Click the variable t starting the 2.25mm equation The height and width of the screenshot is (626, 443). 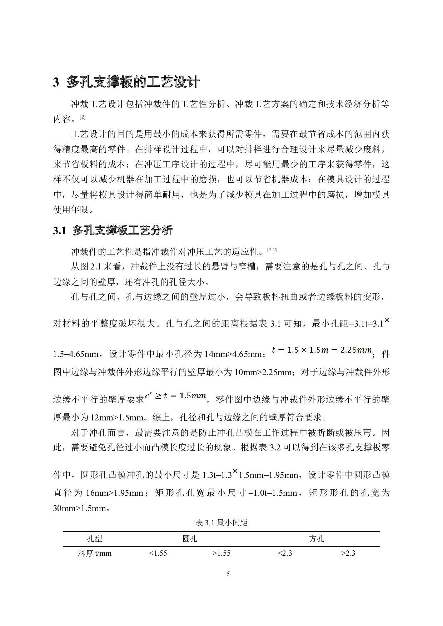pos(274,350)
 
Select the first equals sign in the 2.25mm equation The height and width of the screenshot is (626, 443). pos(281,350)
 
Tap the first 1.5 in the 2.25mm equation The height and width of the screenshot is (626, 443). pos(293,350)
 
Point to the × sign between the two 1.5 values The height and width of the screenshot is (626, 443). pos(304,350)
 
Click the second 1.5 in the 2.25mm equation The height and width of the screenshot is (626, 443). pos(315,350)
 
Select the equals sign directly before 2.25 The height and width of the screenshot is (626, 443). pos(334,350)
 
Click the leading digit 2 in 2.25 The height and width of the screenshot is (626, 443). pos(342,350)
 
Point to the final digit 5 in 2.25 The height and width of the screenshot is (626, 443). pos(354,350)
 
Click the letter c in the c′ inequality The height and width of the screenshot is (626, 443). pos(147,396)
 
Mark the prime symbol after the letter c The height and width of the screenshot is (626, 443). pos(150,394)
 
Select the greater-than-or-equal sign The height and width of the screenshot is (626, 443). pos(158,396)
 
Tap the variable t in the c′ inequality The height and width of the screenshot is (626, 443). pos(165,396)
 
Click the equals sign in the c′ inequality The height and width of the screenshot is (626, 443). pos(173,396)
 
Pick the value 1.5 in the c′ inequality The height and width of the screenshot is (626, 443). pos(185,395)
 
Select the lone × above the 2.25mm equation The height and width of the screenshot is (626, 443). pos(387,320)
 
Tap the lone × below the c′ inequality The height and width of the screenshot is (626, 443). pos(235,471)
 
